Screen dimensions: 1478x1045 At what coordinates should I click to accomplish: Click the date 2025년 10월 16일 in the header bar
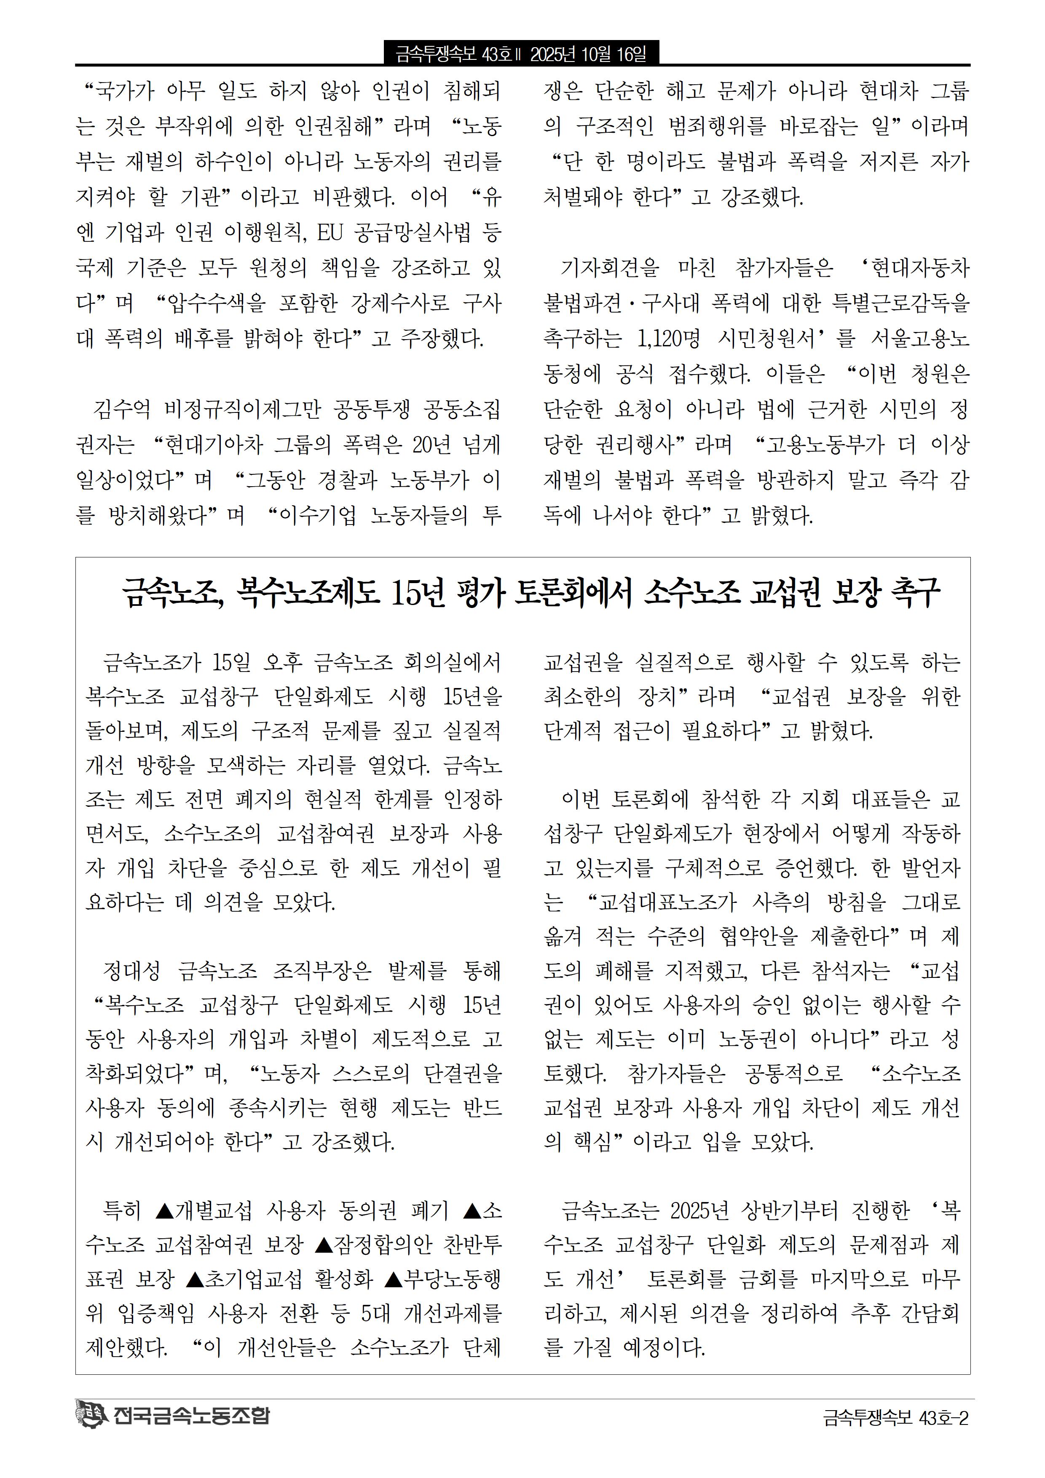click(588, 54)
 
